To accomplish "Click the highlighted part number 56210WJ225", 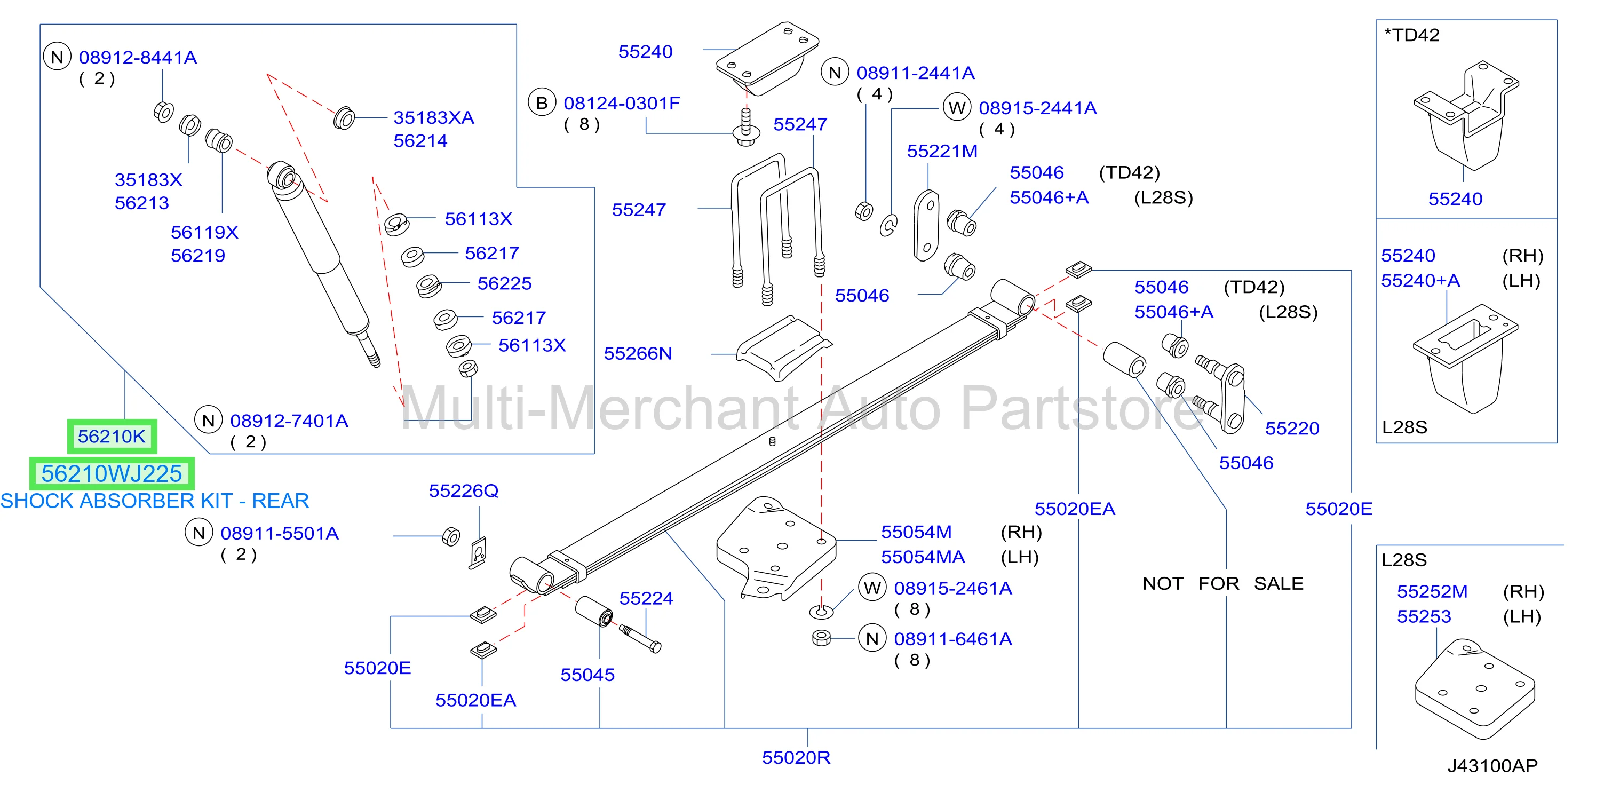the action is pyautogui.click(x=112, y=474).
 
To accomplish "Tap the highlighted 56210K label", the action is pyautogui.click(x=112, y=437).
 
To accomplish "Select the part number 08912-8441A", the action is pyautogui.click(x=138, y=57).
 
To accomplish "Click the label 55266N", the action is pyautogui.click(x=638, y=354).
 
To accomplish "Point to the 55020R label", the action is pyautogui.click(x=796, y=758).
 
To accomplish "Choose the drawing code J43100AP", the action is pyautogui.click(x=1492, y=765).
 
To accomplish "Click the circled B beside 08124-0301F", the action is pyautogui.click(x=542, y=102).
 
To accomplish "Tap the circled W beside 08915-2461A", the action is pyautogui.click(x=872, y=587).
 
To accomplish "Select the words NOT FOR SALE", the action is pyautogui.click(x=1223, y=583).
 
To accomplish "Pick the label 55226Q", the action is pyautogui.click(x=464, y=491).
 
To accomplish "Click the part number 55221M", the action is pyautogui.click(x=942, y=152).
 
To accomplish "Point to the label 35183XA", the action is pyautogui.click(x=434, y=117).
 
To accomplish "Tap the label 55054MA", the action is pyautogui.click(x=923, y=557).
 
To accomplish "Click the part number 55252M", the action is pyautogui.click(x=1432, y=591).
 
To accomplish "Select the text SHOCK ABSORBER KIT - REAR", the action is pyautogui.click(x=154, y=501).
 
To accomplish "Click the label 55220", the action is pyautogui.click(x=1292, y=429).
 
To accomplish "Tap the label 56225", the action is pyautogui.click(x=505, y=283).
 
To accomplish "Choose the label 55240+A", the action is pyautogui.click(x=1420, y=281).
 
